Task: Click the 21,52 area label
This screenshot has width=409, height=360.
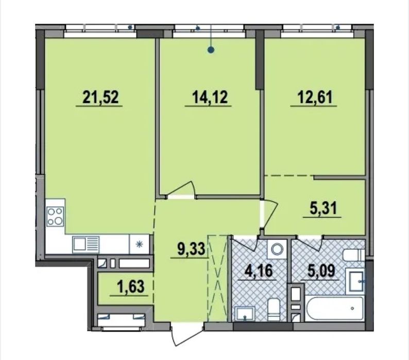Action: click(x=100, y=97)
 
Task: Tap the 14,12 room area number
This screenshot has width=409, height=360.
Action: click(x=210, y=97)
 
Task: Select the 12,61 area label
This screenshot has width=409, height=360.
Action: click(x=315, y=97)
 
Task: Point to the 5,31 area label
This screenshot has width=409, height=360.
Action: click(x=323, y=209)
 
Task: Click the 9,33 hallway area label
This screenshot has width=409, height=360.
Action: click(x=191, y=249)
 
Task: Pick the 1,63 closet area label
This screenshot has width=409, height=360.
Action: click(x=131, y=286)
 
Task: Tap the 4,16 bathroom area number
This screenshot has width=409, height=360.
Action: click(x=258, y=270)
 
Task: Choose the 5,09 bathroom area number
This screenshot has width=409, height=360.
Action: click(x=321, y=270)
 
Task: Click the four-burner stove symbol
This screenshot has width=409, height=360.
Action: click(x=55, y=216)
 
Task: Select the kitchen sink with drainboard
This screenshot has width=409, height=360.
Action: click(x=86, y=245)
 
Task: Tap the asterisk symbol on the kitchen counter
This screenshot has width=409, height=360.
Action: click(x=140, y=245)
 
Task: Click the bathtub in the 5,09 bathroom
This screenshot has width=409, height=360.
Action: click(x=334, y=309)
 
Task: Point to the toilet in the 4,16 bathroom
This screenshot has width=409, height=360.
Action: click(x=274, y=310)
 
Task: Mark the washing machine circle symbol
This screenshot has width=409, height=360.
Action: click(x=277, y=249)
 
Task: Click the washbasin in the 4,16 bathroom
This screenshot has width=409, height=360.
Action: click(x=244, y=314)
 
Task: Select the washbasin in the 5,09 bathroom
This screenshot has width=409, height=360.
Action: click(x=356, y=281)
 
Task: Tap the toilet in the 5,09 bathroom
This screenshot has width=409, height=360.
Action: click(x=353, y=255)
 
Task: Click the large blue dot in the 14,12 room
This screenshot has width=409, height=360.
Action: click(x=211, y=49)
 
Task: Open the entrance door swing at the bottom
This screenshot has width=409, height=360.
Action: click(x=186, y=334)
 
